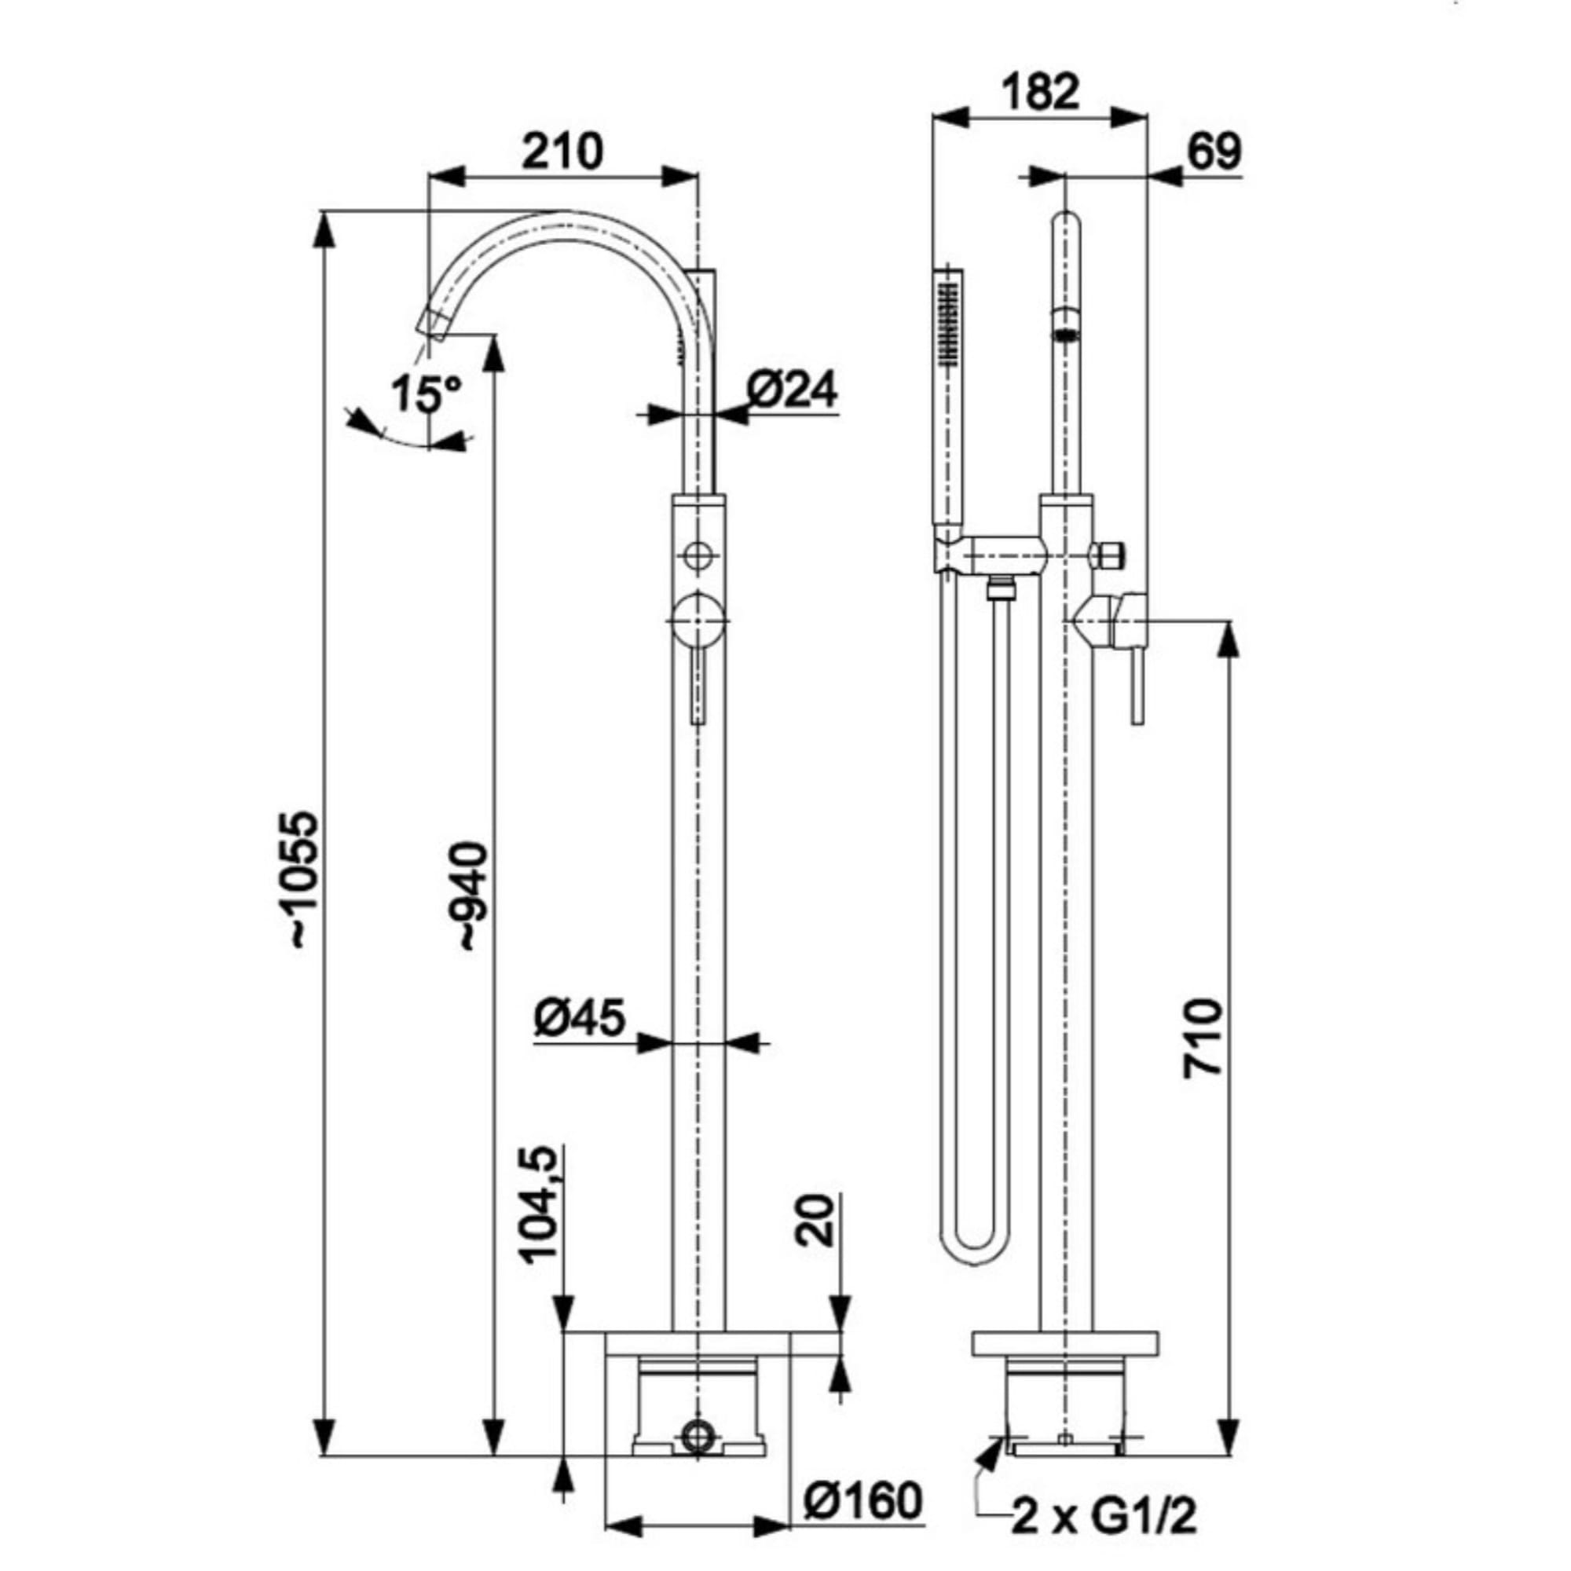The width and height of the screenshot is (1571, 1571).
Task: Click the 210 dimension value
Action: (562, 152)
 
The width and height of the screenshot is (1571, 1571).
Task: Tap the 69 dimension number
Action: (1214, 152)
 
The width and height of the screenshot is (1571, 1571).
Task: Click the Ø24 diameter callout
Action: (790, 390)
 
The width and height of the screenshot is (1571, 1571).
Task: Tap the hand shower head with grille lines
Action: (949, 317)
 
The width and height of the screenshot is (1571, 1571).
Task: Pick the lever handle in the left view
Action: (698, 683)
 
